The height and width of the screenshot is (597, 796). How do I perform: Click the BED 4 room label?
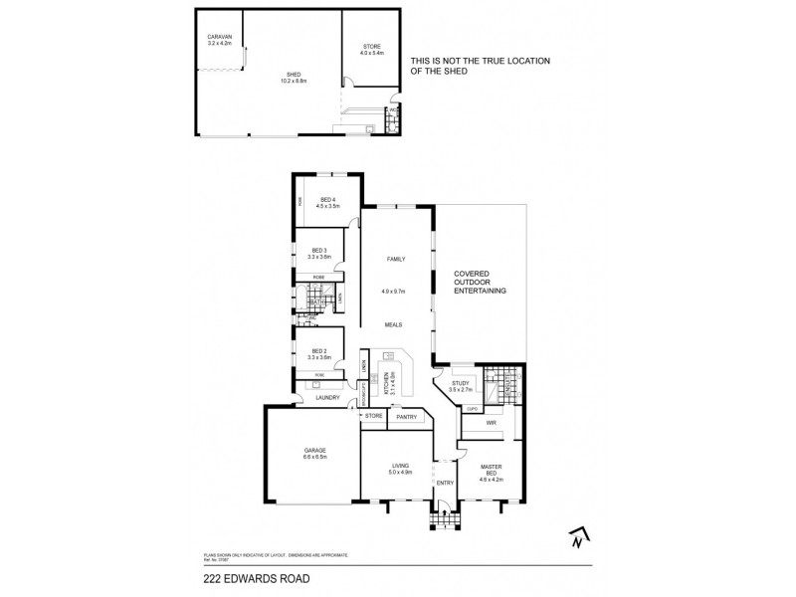328,202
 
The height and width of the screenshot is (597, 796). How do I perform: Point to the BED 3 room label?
319,254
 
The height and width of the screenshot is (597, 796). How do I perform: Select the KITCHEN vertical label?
392,384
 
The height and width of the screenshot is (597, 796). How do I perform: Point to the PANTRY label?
406,417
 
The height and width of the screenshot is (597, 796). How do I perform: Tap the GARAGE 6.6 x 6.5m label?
314,454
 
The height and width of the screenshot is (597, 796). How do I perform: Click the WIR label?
491,423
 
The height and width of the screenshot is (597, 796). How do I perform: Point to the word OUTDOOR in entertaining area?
481,282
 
